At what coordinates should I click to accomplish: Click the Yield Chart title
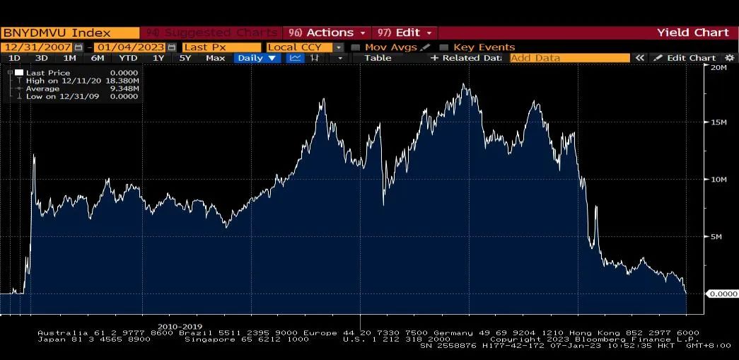click(x=692, y=33)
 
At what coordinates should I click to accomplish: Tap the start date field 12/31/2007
click(x=37, y=47)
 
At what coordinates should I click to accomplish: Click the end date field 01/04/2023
click(x=131, y=47)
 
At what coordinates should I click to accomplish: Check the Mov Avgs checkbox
click(x=356, y=47)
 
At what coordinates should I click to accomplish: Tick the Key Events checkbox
click(x=444, y=47)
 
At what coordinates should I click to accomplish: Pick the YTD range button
click(x=128, y=58)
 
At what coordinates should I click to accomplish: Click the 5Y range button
click(x=185, y=58)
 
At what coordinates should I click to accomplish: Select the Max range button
click(x=215, y=58)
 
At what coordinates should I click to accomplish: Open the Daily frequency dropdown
click(x=257, y=58)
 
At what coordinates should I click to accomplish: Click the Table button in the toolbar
click(x=378, y=58)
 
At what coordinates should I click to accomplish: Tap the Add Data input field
click(x=569, y=58)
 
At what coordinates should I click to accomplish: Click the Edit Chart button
click(x=687, y=58)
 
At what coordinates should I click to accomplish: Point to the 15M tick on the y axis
click(x=718, y=122)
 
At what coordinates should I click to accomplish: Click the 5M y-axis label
click(x=716, y=237)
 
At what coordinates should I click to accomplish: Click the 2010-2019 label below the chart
click(x=180, y=327)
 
